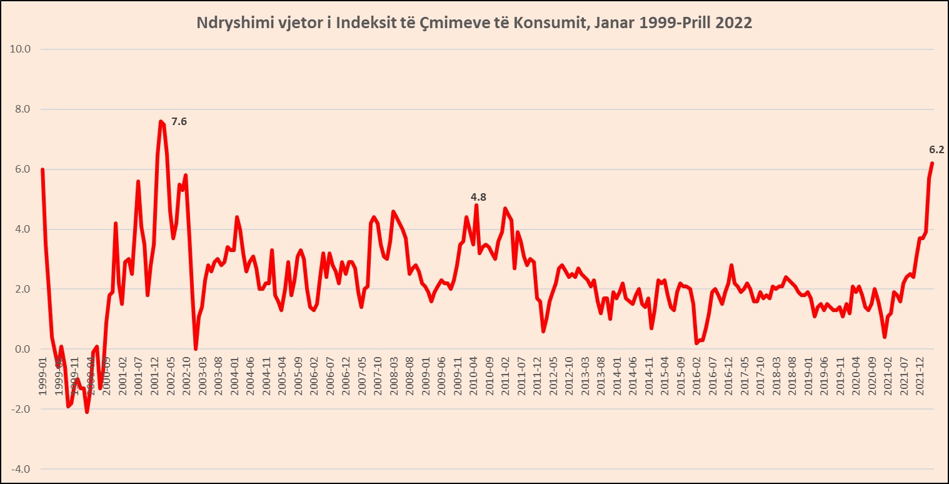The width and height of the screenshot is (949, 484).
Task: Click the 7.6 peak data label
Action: [x=179, y=122]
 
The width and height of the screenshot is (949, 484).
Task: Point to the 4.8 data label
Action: [x=478, y=197]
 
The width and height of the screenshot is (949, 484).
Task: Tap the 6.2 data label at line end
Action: [x=936, y=150]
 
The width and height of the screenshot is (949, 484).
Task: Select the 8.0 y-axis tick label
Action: [x=23, y=109]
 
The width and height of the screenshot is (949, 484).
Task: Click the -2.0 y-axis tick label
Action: [x=22, y=410]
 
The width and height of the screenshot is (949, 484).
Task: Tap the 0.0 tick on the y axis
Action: [x=23, y=350]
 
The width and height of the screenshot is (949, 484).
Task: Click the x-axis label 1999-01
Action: [x=43, y=376]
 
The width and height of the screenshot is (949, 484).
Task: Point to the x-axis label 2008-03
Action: [x=394, y=376]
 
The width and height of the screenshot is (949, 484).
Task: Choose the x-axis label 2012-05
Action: [x=553, y=376]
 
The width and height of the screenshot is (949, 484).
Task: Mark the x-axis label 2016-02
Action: [x=696, y=376]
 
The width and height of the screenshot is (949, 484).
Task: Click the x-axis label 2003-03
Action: [x=202, y=376]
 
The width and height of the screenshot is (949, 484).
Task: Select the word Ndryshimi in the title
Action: [x=227, y=23]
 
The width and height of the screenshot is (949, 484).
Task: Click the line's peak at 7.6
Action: [x=161, y=121]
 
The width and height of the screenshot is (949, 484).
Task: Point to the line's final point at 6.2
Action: [x=931, y=163]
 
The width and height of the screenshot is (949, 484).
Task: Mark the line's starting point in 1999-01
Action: [x=42, y=169]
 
